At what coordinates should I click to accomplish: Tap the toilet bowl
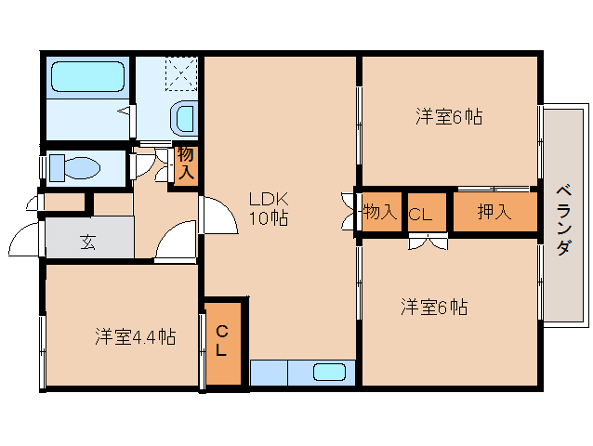coord(79,168)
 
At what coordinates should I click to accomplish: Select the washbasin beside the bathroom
coord(184,118)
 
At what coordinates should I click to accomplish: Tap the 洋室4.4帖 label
coord(136,335)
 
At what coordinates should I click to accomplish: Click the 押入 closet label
coord(494,213)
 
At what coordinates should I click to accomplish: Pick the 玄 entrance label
coord(87,242)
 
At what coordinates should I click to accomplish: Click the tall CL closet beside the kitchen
coord(223,341)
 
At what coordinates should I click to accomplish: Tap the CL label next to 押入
coord(420,214)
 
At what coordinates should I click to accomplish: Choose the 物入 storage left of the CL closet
coord(379,213)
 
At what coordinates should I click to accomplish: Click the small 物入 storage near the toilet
coord(185,164)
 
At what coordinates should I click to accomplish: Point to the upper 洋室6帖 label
coord(449,117)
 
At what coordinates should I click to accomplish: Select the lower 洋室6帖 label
coord(434,306)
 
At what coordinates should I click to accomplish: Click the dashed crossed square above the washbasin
coord(181,72)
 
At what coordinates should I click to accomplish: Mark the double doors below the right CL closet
coord(428,243)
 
